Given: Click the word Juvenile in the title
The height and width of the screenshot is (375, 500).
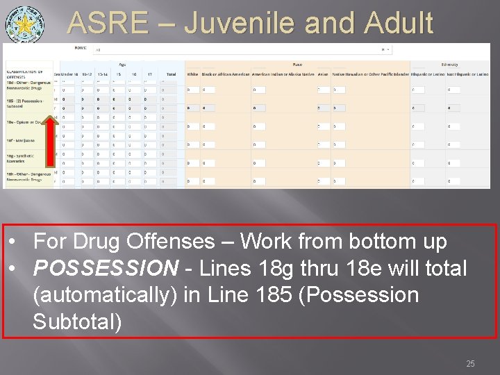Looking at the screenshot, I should [266, 24].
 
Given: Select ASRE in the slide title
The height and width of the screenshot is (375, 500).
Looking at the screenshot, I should [108, 24].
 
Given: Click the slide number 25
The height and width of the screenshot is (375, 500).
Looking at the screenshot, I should [470, 364].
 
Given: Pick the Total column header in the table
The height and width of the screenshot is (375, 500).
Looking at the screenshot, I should [170, 74].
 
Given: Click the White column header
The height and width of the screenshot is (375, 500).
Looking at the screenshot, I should [192, 74].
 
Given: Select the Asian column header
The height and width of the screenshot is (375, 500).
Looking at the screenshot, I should [322, 74].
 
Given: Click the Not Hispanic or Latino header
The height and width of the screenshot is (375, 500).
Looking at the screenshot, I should [463, 74].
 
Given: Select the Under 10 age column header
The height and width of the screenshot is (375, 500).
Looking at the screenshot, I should [70, 74].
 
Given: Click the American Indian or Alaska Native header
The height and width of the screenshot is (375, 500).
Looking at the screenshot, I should [281, 74].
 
